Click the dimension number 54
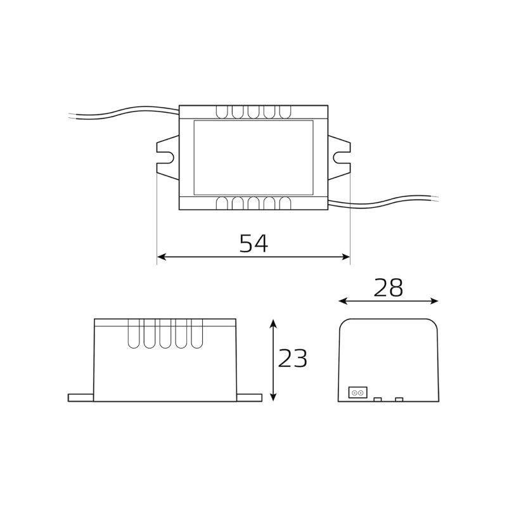coord(254,243)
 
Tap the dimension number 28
coord(388,288)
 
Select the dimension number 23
coord(292,358)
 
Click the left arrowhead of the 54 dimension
coord(162,257)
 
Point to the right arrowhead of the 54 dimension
coord(345,257)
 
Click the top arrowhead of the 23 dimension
coord(274,324)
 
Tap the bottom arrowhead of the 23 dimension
coord(274,397)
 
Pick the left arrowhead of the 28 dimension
coord(343,302)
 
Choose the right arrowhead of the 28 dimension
coord(433,302)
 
